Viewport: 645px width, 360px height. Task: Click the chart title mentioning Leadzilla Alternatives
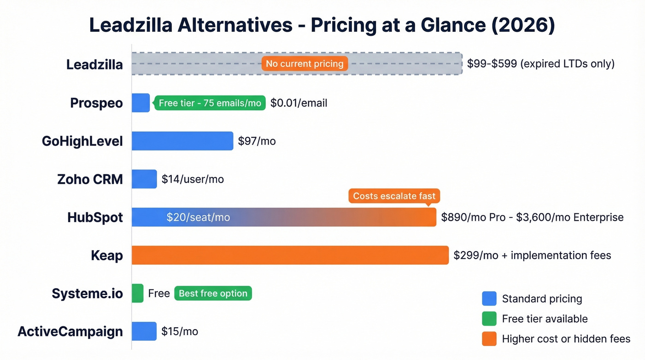tap(322, 25)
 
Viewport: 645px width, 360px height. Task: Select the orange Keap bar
tap(290, 255)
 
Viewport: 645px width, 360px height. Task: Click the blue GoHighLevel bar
tap(182, 141)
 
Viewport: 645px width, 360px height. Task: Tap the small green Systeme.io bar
tap(137, 294)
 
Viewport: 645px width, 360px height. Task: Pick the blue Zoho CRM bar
tap(144, 179)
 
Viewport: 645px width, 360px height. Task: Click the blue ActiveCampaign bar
tap(144, 331)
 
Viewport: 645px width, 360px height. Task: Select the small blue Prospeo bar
tap(141, 103)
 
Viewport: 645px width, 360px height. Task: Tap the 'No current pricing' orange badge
tap(305, 64)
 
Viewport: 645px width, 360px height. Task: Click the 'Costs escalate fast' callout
tap(394, 196)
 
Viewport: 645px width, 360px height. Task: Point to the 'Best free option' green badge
tap(213, 294)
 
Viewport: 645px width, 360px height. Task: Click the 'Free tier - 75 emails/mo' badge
tap(210, 103)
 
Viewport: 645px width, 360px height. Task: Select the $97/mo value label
tap(257, 141)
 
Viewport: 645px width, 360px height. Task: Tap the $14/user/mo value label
tap(193, 179)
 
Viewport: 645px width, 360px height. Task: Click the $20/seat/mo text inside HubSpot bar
tap(198, 217)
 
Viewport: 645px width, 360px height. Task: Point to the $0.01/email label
tap(299, 103)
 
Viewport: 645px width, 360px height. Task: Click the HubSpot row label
tap(95, 218)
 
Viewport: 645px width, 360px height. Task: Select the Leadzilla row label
tap(94, 65)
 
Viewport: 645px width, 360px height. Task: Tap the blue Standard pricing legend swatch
tap(489, 299)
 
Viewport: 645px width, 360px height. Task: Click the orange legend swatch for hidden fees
tap(489, 339)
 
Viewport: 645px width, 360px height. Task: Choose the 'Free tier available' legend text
tap(545, 319)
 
